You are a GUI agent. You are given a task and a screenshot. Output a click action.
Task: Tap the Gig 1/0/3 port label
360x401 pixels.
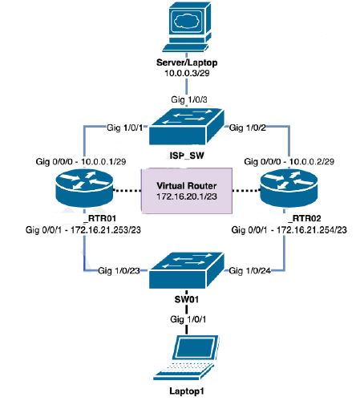coord(184,98)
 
